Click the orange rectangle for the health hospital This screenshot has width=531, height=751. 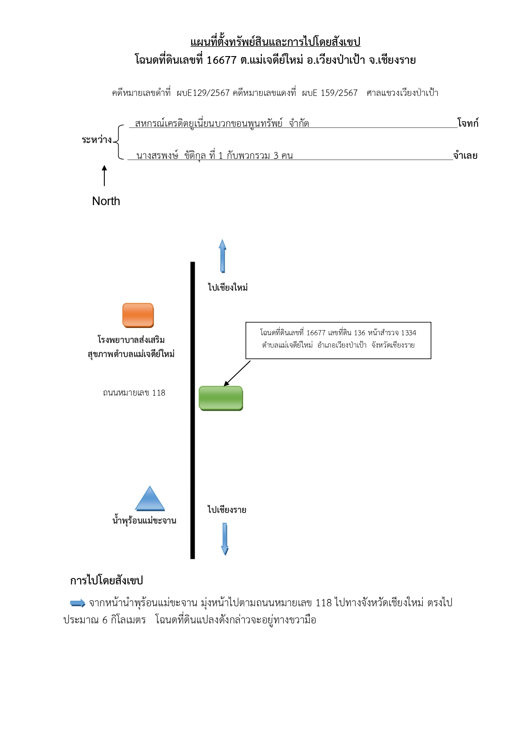pos(138,315)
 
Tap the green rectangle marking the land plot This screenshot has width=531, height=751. pos(221,398)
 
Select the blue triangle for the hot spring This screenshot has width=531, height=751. pos(150,498)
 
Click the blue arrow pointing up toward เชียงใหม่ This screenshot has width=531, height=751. pos(222,256)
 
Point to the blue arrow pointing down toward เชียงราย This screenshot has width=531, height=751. pos(225,539)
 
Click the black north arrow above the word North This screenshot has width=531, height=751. pos(104,176)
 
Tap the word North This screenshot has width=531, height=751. pos(106,201)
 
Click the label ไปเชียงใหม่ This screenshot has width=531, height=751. pos(228,287)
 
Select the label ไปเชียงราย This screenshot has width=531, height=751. pos(227,510)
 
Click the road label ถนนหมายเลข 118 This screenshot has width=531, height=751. pos(134,393)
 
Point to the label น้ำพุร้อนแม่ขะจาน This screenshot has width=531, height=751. pos(144,520)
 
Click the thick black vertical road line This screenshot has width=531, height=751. pos(193,410)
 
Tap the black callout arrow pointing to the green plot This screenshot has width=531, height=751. pos(237,373)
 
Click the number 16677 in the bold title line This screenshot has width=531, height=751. pos(222,60)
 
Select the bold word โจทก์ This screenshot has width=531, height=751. pos(468,123)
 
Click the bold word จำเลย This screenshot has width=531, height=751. pos(466,155)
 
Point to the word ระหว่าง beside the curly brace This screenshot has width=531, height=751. pos(97,140)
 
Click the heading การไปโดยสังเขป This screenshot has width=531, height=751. pos(107,581)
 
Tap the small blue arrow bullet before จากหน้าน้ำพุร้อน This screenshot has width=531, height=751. pos(78,603)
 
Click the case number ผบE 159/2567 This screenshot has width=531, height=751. pos(329,93)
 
